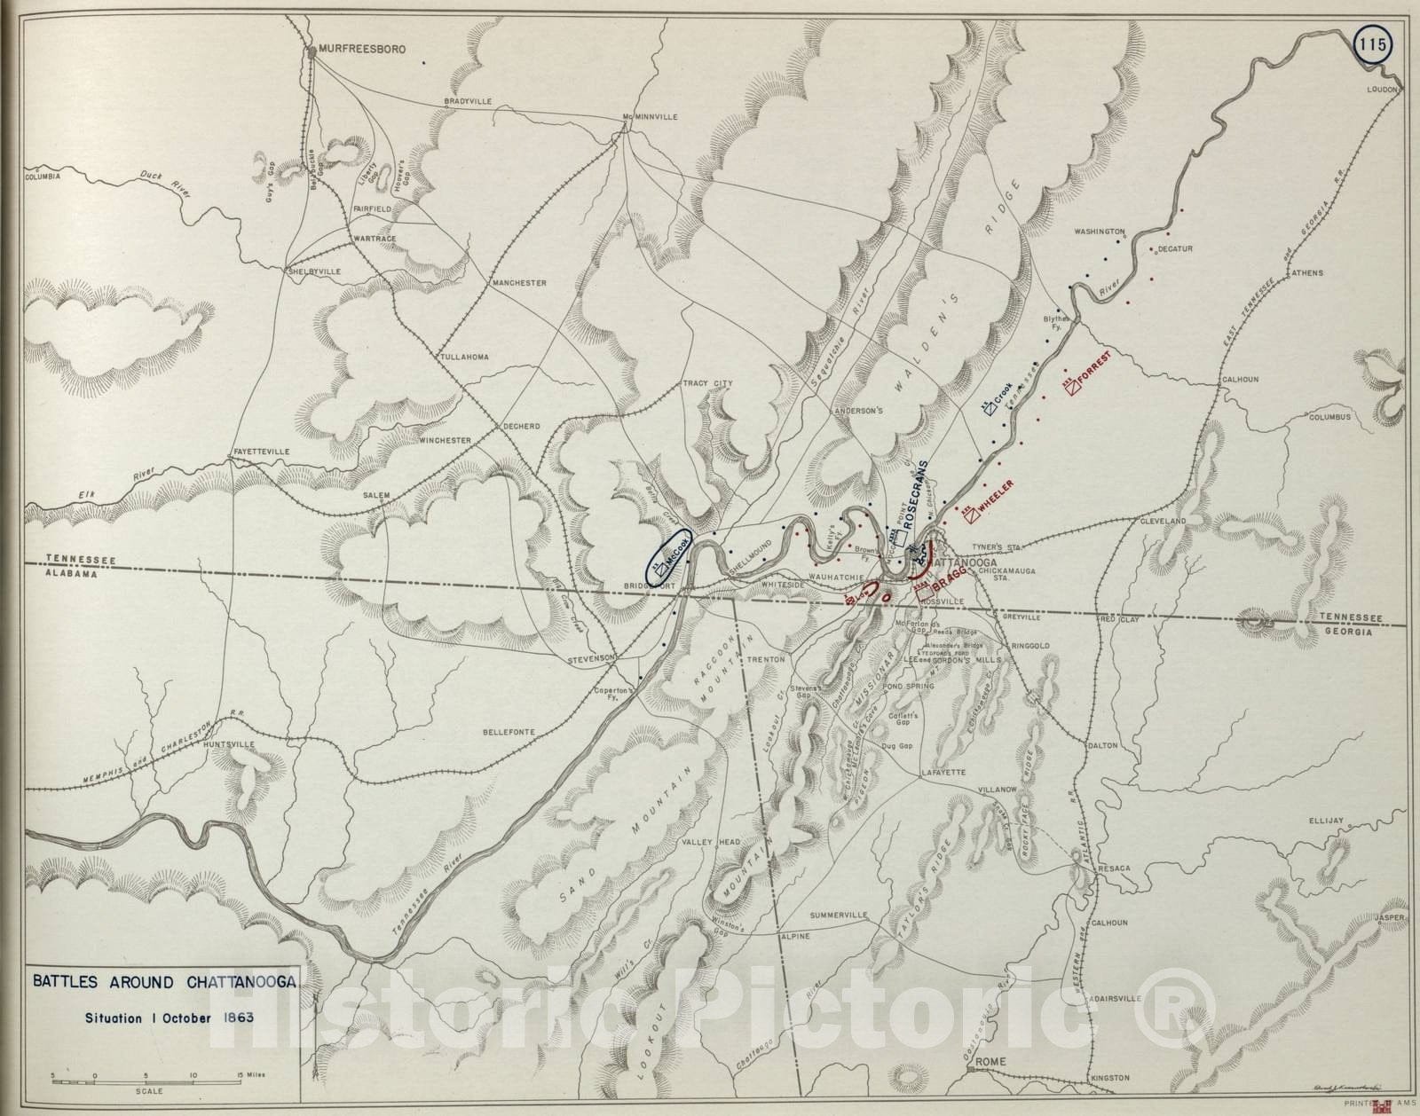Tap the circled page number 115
[x=1374, y=47]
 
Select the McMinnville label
[x=650, y=117]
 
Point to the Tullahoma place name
[x=464, y=357]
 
